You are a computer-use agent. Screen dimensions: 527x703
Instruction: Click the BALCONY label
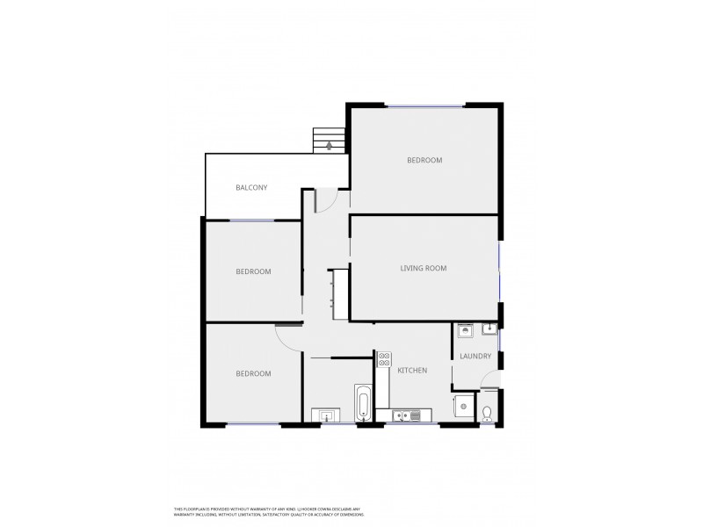click(251, 187)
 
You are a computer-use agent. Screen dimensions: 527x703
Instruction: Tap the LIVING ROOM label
click(423, 268)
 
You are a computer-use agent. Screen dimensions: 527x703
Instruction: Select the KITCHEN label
click(411, 371)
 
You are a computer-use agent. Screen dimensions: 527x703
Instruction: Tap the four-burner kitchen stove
click(383, 358)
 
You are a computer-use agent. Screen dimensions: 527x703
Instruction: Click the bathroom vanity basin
click(325, 415)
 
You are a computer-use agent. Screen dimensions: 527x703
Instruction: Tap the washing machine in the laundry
click(465, 332)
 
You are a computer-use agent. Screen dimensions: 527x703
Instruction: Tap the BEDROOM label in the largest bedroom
click(424, 161)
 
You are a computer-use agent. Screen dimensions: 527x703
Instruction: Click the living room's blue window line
click(501, 268)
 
